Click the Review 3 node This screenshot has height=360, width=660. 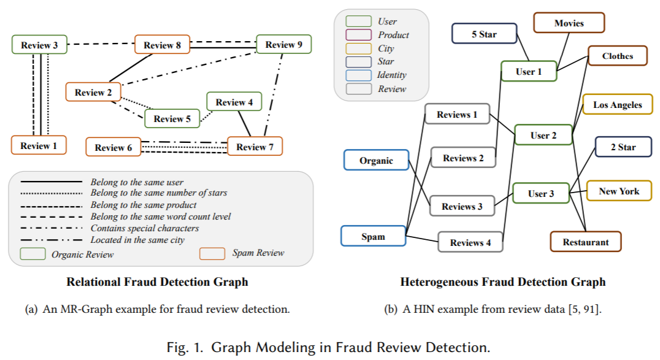(x=39, y=45)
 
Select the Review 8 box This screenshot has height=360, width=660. (x=163, y=45)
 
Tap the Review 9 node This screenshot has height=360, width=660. (x=284, y=44)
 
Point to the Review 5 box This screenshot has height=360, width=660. (x=172, y=118)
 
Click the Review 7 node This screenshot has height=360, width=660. (x=255, y=147)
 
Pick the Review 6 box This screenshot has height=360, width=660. (x=113, y=147)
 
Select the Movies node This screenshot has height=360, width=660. (x=569, y=23)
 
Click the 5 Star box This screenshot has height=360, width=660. (x=484, y=34)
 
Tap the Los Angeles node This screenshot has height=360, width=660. (x=617, y=105)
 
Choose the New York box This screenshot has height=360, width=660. (x=619, y=191)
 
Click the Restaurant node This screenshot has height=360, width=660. (x=586, y=242)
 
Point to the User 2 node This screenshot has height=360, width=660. (x=543, y=135)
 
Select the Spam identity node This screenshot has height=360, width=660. (x=373, y=236)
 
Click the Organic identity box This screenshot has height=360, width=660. (x=376, y=160)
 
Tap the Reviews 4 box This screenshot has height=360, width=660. (x=470, y=242)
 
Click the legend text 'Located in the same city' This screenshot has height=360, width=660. (x=137, y=240)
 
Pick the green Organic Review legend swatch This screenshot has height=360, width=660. (x=33, y=253)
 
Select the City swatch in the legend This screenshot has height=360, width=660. (x=359, y=48)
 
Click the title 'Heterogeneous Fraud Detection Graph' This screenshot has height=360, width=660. (x=502, y=282)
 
